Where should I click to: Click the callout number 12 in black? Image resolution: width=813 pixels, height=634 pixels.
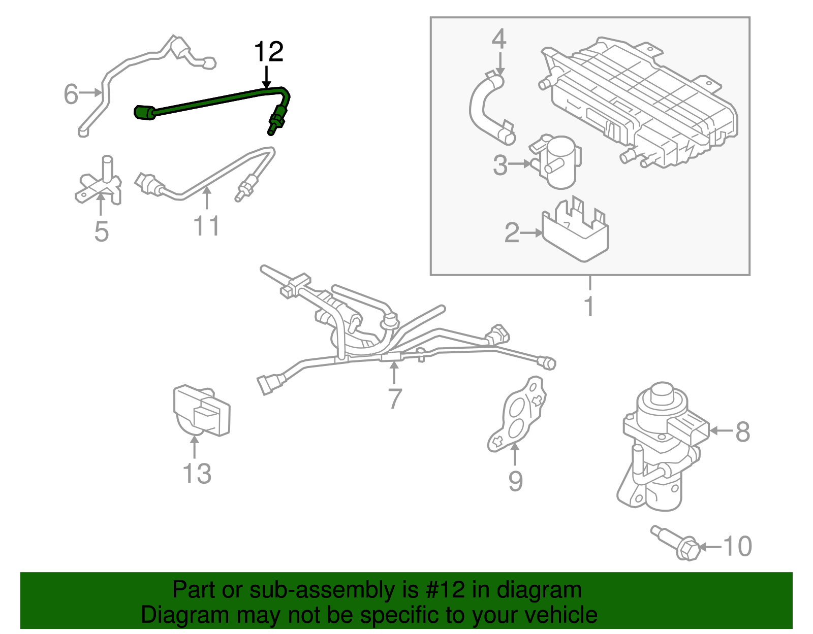[268, 52]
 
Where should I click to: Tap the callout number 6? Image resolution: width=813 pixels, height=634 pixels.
[71, 94]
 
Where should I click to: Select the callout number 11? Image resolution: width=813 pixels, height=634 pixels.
[207, 226]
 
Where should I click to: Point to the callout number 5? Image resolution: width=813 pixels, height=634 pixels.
[102, 231]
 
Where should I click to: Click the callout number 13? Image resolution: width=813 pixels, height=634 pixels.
[197, 474]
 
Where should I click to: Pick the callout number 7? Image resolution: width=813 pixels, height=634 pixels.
[395, 398]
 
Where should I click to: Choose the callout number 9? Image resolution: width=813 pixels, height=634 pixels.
[515, 481]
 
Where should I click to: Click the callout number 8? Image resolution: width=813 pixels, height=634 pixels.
[742, 432]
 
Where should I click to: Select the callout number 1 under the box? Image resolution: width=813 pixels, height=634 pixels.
[589, 306]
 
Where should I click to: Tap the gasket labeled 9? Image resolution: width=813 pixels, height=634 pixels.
[518, 415]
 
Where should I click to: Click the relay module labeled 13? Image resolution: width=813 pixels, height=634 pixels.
[202, 411]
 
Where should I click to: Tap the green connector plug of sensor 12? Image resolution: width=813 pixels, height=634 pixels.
[144, 113]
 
